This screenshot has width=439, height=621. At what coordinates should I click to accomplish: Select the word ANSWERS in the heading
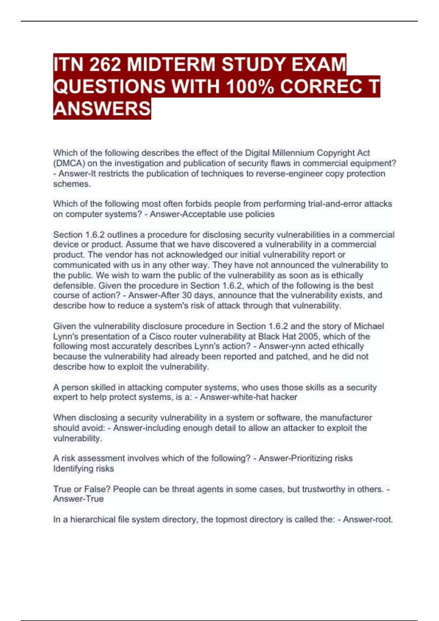pyautogui.click(x=102, y=109)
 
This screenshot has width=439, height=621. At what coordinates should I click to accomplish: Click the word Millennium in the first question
pyautogui.click(x=293, y=153)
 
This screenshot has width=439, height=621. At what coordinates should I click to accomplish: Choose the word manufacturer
pyautogui.click(x=346, y=418)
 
